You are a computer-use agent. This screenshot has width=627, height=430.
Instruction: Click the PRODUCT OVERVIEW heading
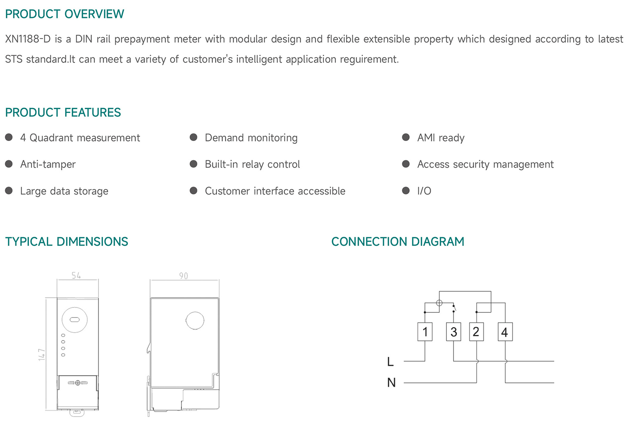[64, 14]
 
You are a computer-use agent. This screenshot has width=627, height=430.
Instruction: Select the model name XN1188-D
[28, 39]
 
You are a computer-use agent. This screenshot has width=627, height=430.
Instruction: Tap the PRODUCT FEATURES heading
[63, 113]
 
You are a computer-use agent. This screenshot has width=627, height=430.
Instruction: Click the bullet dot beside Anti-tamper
[9, 164]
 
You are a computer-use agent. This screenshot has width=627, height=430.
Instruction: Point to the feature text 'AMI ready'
[441, 138]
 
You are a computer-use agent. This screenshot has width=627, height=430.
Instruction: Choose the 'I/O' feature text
[424, 191]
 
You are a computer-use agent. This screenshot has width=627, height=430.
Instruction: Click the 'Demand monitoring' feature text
[251, 138]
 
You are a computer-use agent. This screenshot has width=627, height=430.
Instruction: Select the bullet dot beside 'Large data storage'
[9, 191]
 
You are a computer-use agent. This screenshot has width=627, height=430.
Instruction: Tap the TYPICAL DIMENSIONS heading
[66, 242]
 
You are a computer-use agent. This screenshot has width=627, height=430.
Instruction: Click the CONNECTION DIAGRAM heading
[398, 242]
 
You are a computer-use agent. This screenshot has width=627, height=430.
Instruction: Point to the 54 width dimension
[76, 275]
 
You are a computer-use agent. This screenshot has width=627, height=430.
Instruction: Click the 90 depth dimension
[184, 276]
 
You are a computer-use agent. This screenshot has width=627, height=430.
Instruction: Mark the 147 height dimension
[42, 355]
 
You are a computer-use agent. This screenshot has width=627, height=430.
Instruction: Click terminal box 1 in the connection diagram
[425, 332]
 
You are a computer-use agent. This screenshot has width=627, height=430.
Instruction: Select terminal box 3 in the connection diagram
[454, 332]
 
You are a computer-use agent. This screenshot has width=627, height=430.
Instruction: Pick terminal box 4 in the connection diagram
[505, 332]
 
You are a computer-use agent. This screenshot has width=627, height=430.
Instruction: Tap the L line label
[390, 361]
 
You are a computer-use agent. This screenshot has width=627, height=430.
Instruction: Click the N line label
[391, 382]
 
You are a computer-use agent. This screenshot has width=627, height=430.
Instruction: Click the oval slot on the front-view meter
[74, 320]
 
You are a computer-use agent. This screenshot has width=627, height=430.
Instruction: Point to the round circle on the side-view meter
[195, 321]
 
